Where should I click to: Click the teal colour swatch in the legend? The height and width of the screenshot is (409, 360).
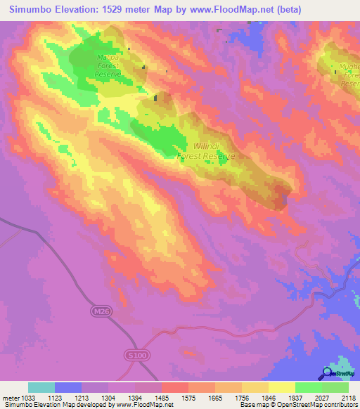click(x=41, y=387)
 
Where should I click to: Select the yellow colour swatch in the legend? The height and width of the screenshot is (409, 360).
click(x=281, y=387)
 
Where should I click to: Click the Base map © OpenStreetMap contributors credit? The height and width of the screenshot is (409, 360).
click(x=299, y=405)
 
